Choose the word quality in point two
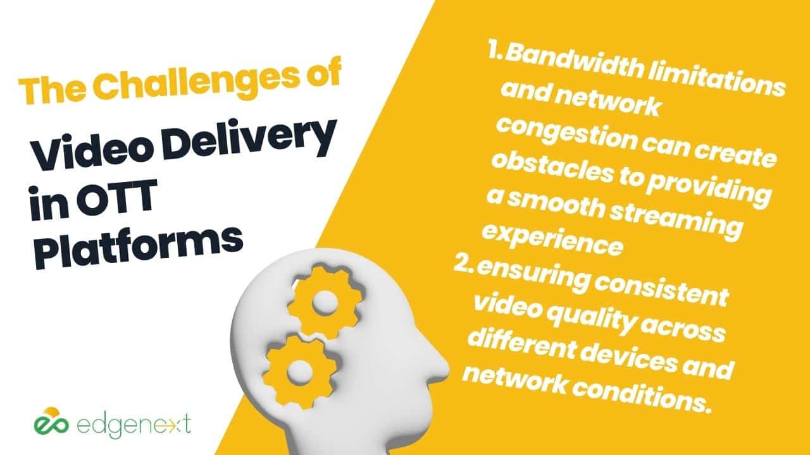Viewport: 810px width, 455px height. [591, 320]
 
